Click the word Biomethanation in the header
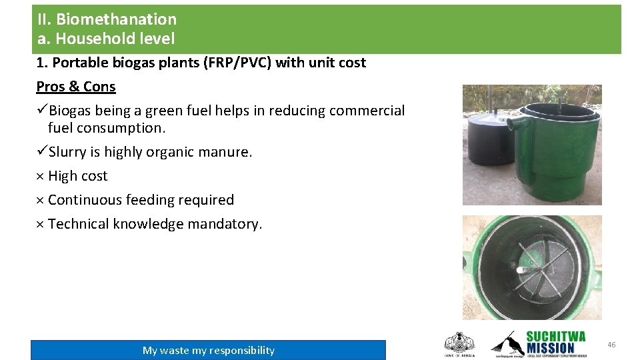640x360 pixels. pyautogui.click(x=116, y=19)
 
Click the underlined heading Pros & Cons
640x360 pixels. pyautogui.click(x=76, y=87)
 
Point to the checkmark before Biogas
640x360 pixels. pyautogui.click(x=42, y=111)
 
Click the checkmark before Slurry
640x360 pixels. pyautogui.click(x=42, y=152)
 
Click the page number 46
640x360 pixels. pyautogui.click(x=611, y=345)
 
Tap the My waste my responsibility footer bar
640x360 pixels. pyautogui.click(x=208, y=350)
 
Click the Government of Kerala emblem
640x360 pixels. pyautogui.click(x=459, y=344)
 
